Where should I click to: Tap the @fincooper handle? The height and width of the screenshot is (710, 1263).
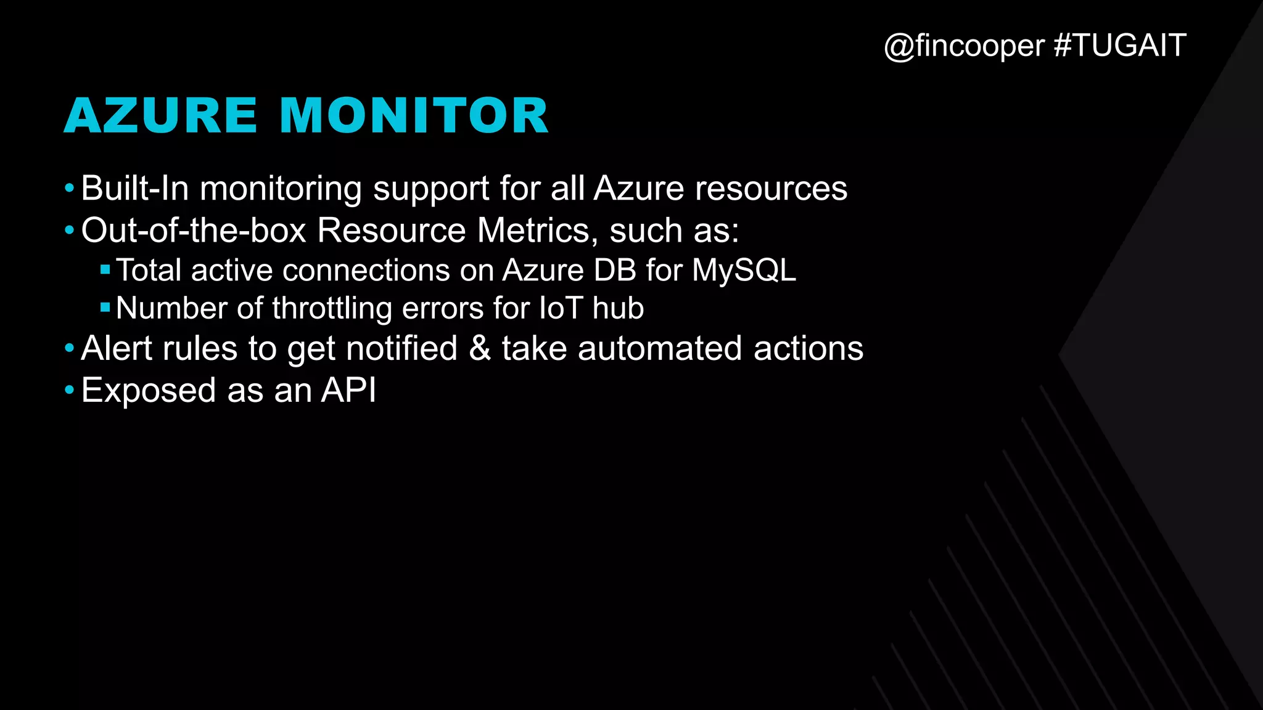(965, 46)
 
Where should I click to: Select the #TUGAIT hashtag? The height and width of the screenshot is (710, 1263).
(1120, 46)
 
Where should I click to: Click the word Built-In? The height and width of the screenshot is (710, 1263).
(135, 188)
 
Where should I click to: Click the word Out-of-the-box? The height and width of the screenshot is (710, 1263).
(194, 231)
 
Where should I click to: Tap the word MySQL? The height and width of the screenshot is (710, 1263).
(744, 270)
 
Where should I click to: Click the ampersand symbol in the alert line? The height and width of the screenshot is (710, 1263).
(480, 348)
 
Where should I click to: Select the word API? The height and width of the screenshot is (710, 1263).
(348, 390)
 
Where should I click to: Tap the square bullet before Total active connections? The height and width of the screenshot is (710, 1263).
(105, 269)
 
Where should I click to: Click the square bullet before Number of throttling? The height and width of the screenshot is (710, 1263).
(105, 307)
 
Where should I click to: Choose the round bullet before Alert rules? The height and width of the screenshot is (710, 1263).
(69, 348)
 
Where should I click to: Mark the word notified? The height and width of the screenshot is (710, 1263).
(401, 348)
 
